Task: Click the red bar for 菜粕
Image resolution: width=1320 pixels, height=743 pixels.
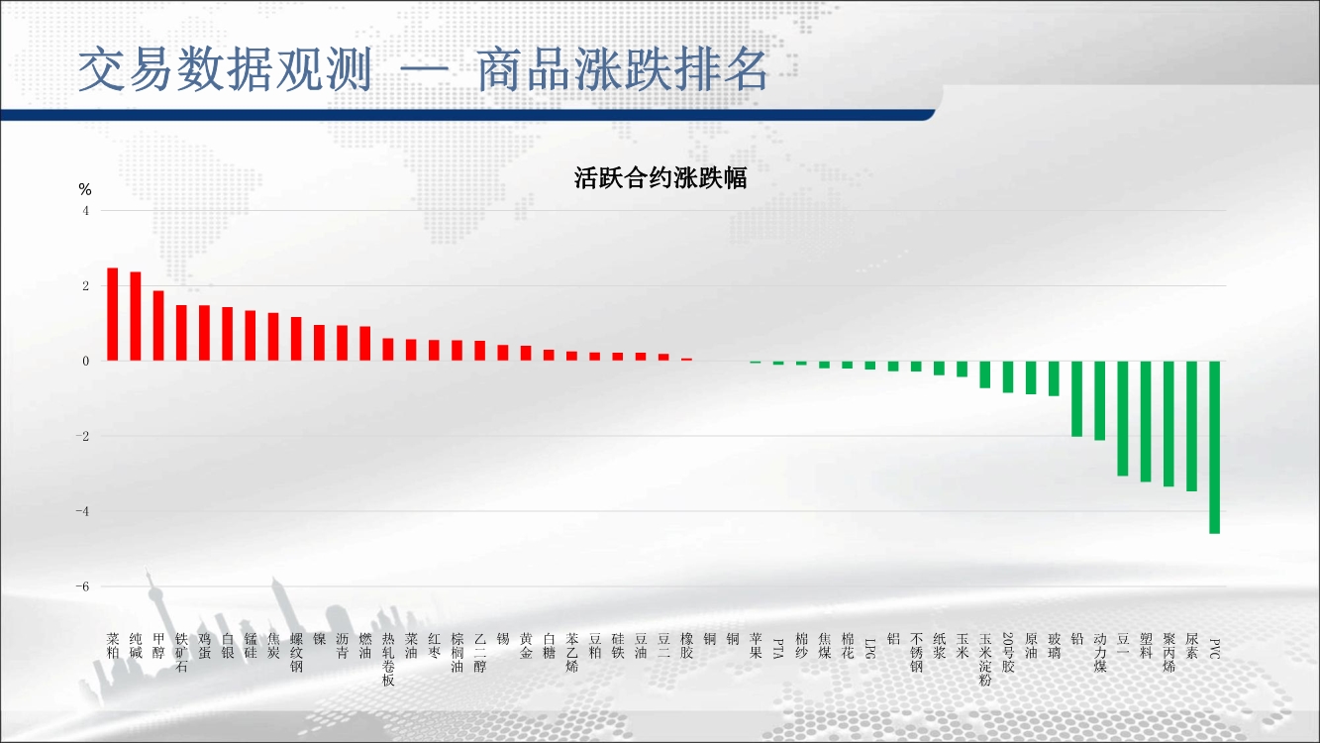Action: pyautogui.click(x=112, y=314)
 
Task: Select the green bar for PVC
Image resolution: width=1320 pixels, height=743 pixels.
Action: pyautogui.click(x=1214, y=447)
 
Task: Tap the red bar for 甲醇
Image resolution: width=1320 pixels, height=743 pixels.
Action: pyautogui.click(x=157, y=326)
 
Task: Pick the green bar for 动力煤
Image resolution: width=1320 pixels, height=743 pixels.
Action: pyautogui.click(x=1099, y=400)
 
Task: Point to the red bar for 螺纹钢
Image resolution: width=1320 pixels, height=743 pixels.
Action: pyautogui.click(x=296, y=339)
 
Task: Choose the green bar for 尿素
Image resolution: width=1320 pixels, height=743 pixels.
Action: pyautogui.click(x=1191, y=426)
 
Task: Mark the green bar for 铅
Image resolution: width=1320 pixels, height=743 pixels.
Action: pyautogui.click(x=1076, y=398)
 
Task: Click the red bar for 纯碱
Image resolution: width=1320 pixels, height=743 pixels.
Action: pyautogui.click(x=135, y=316)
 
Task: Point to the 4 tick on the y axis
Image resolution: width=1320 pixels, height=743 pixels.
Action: pyautogui.click(x=85, y=210)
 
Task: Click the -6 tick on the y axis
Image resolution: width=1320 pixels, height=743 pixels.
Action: pyautogui.click(x=82, y=586)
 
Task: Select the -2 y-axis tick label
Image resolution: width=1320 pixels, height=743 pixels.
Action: pyautogui.click(x=82, y=436)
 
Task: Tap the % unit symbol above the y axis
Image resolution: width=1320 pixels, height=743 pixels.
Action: pyautogui.click(x=85, y=189)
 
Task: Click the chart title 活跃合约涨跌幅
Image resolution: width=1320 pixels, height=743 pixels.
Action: pyautogui.click(x=660, y=178)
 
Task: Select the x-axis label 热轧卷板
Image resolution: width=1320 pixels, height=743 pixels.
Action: pyautogui.click(x=388, y=659)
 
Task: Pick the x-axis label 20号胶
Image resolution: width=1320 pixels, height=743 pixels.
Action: pyautogui.click(x=1008, y=653)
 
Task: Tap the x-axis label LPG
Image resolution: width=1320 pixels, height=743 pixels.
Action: pyautogui.click(x=869, y=648)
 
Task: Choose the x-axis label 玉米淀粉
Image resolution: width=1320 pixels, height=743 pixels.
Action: pyautogui.click(x=984, y=659)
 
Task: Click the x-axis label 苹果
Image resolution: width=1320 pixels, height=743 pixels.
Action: pyautogui.click(x=756, y=646)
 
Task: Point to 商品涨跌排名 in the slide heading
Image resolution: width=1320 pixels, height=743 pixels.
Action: pyautogui.click(x=622, y=70)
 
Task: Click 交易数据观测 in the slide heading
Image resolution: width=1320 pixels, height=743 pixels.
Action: pyautogui.click(x=225, y=70)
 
